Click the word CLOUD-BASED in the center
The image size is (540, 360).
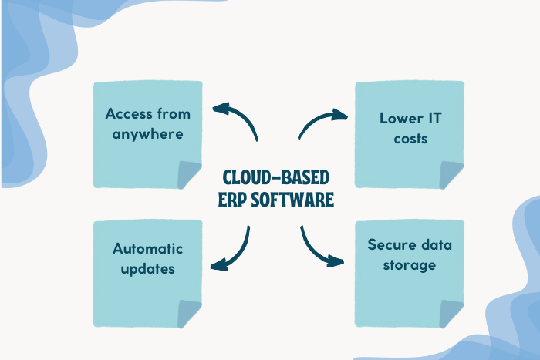(270, 177)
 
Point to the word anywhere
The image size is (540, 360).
(147, 134)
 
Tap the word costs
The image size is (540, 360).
(410, 140)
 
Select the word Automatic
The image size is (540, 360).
(147, 248)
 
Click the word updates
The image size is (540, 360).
(147, 269)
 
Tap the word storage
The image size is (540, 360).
(410, 266)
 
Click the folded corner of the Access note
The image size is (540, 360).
(190, 175)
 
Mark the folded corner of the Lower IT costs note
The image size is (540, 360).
(452, 175)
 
